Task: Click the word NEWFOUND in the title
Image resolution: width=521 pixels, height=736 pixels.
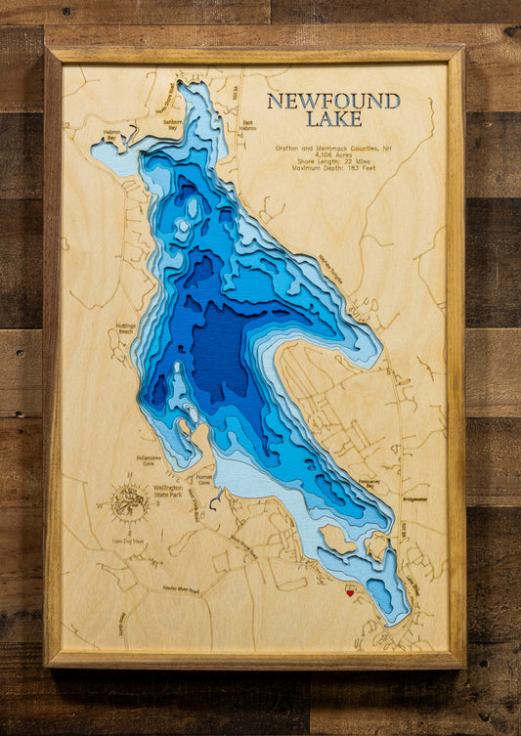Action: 333,101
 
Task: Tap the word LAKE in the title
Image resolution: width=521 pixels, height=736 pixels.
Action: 333,119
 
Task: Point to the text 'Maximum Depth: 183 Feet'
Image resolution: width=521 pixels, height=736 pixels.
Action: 333,168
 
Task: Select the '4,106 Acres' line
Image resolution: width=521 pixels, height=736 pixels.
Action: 333,154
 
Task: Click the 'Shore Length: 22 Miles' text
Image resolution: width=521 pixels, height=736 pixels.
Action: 333,161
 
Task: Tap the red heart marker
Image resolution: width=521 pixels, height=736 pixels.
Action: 350,592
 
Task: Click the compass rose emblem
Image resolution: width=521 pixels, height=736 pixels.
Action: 129,502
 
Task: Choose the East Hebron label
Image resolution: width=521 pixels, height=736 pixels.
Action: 248,127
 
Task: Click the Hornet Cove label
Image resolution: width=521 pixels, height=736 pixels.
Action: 203,479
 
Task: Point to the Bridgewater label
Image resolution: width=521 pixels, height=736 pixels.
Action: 414,498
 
